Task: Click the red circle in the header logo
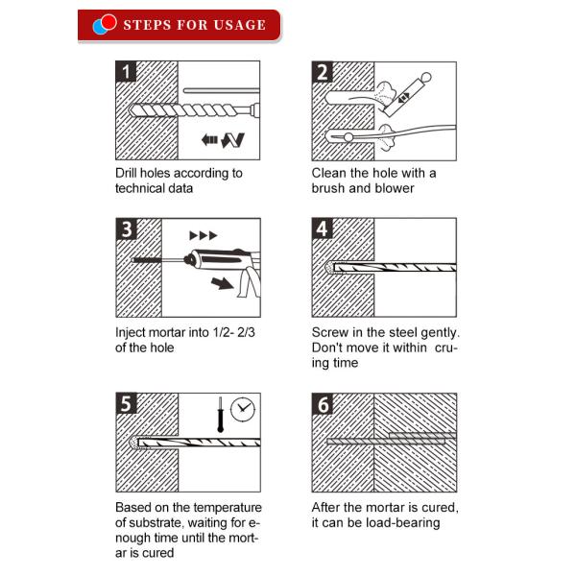coord(108,22)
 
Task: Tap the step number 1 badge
coord(126,71)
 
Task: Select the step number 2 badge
coord(323,72)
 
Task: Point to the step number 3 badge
coord(127,229)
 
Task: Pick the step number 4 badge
coord(323,228)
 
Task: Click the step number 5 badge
coord(127,403)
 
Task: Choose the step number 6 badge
coord(323,404)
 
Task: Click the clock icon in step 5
coord(243,410)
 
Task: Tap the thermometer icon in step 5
coord(220,415)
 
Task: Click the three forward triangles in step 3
coord(204,235)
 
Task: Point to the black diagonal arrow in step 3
coord(222,283)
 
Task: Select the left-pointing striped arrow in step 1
coord(209,139)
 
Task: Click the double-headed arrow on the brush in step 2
coord(404,97)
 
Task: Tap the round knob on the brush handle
coord(426,77)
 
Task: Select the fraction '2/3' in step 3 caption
coord(246,332)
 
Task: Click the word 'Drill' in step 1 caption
coord(126,173)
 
